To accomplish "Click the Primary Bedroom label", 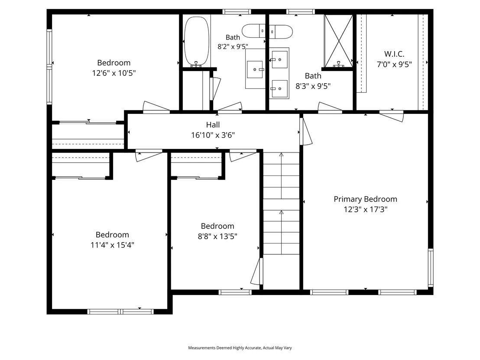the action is (365, 199).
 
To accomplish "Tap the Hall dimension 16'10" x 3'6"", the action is (213, 135).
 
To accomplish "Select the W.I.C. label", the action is (394, 54).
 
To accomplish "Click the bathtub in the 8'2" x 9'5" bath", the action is (197, 41).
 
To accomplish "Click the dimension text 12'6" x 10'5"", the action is (114, 73).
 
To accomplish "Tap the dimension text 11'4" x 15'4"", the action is (112, 245).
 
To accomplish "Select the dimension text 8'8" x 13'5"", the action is (217, 237).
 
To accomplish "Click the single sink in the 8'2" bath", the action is (255, 69).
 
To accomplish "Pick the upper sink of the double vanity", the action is (279, 59).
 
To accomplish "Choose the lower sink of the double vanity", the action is (279, 89).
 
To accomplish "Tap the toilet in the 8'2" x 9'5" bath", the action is (253, 31).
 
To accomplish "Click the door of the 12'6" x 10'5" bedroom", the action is (156, 107).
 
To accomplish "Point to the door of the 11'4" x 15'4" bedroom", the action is (149, 156).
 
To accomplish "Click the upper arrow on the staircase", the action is (281, 176).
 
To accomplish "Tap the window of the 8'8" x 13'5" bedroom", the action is (235, 292).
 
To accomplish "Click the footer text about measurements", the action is (240, 348).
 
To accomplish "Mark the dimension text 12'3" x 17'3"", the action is (366, 210).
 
